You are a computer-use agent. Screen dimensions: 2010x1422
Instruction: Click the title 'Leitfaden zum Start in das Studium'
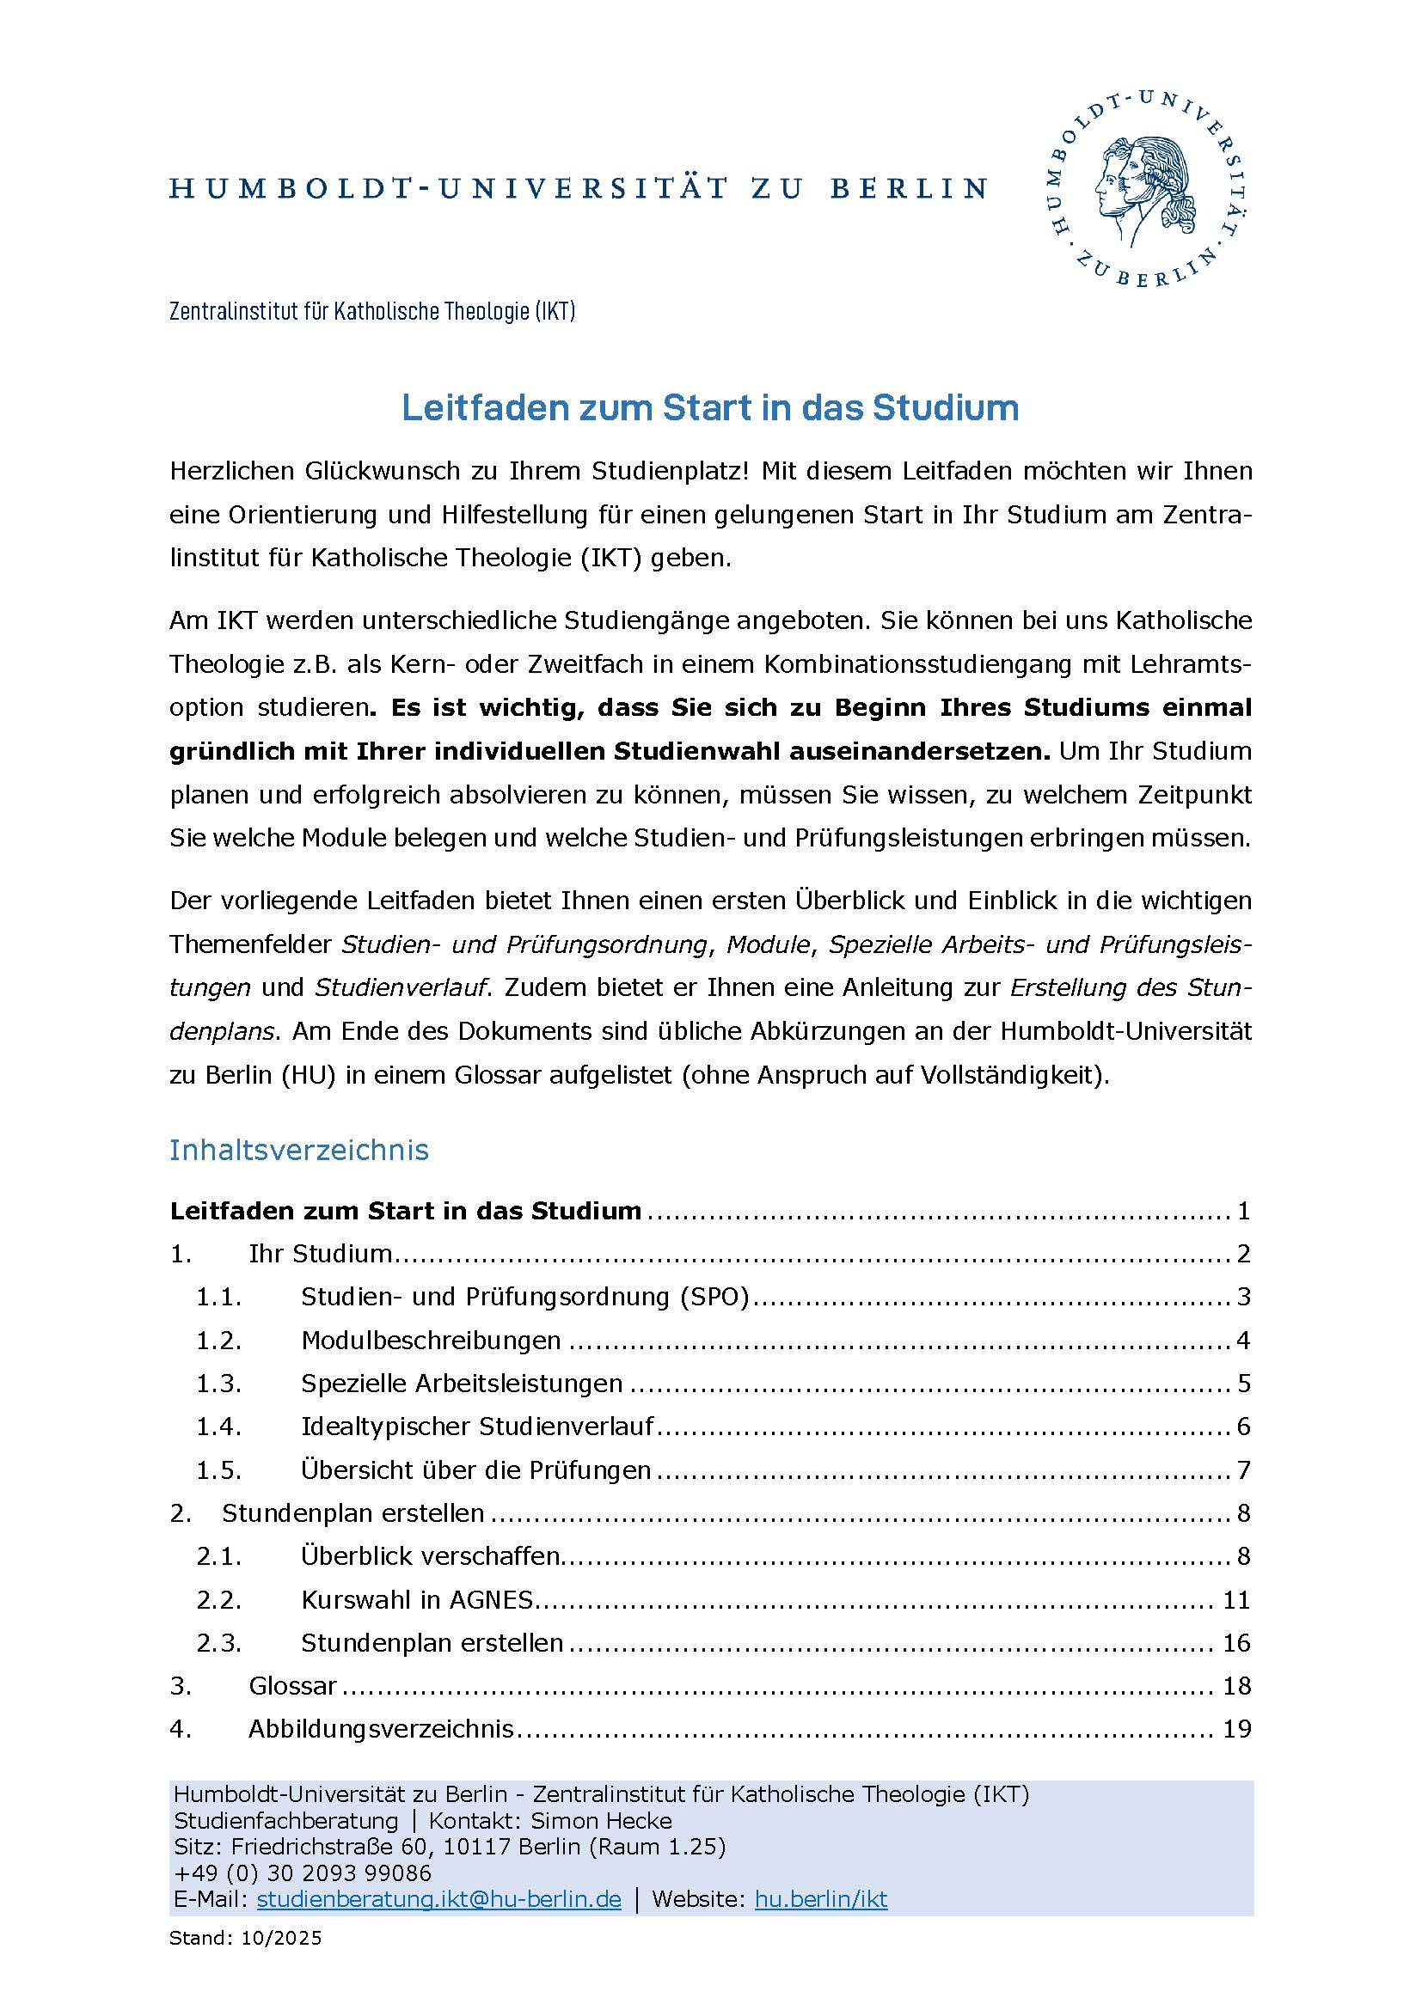pyautogui.click(x=709, y=408)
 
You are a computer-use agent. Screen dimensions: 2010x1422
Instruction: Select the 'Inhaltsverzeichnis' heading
pyautogui.click(x=298, y=1150)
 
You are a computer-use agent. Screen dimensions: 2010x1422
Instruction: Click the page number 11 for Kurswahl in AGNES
pyautogui.click(x=1235, y=1600)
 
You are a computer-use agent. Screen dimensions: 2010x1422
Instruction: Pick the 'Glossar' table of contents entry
pyautogui.click(x=292, y=1686)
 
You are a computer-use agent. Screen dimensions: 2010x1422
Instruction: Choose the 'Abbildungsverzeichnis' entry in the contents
pyautogui.click(x=381, y=1729)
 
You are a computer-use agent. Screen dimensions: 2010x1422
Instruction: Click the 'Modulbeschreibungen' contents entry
pyautogui.click(x=431, y=1341)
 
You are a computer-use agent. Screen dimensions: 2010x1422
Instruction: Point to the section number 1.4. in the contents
pyautogui.click(x=218, y=1427)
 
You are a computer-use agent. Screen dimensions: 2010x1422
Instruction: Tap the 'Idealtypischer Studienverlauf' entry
pyautogui.click(x=477, y=1427)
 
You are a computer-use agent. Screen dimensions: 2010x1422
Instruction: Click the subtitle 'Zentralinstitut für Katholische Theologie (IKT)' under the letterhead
pyautogui.click(x=372, y=311)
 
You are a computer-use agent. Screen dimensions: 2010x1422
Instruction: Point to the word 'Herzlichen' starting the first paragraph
pyautogui.click(x=230, y=471)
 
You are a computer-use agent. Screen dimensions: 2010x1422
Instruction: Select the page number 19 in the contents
pyautogui.click(x=1235, y=1729)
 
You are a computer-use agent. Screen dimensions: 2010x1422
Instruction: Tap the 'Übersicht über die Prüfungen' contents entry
pyautogui.click(x=475, y=1469)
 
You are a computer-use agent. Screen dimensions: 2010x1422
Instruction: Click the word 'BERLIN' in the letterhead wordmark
pyautogui.click(x=909, y=188)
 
